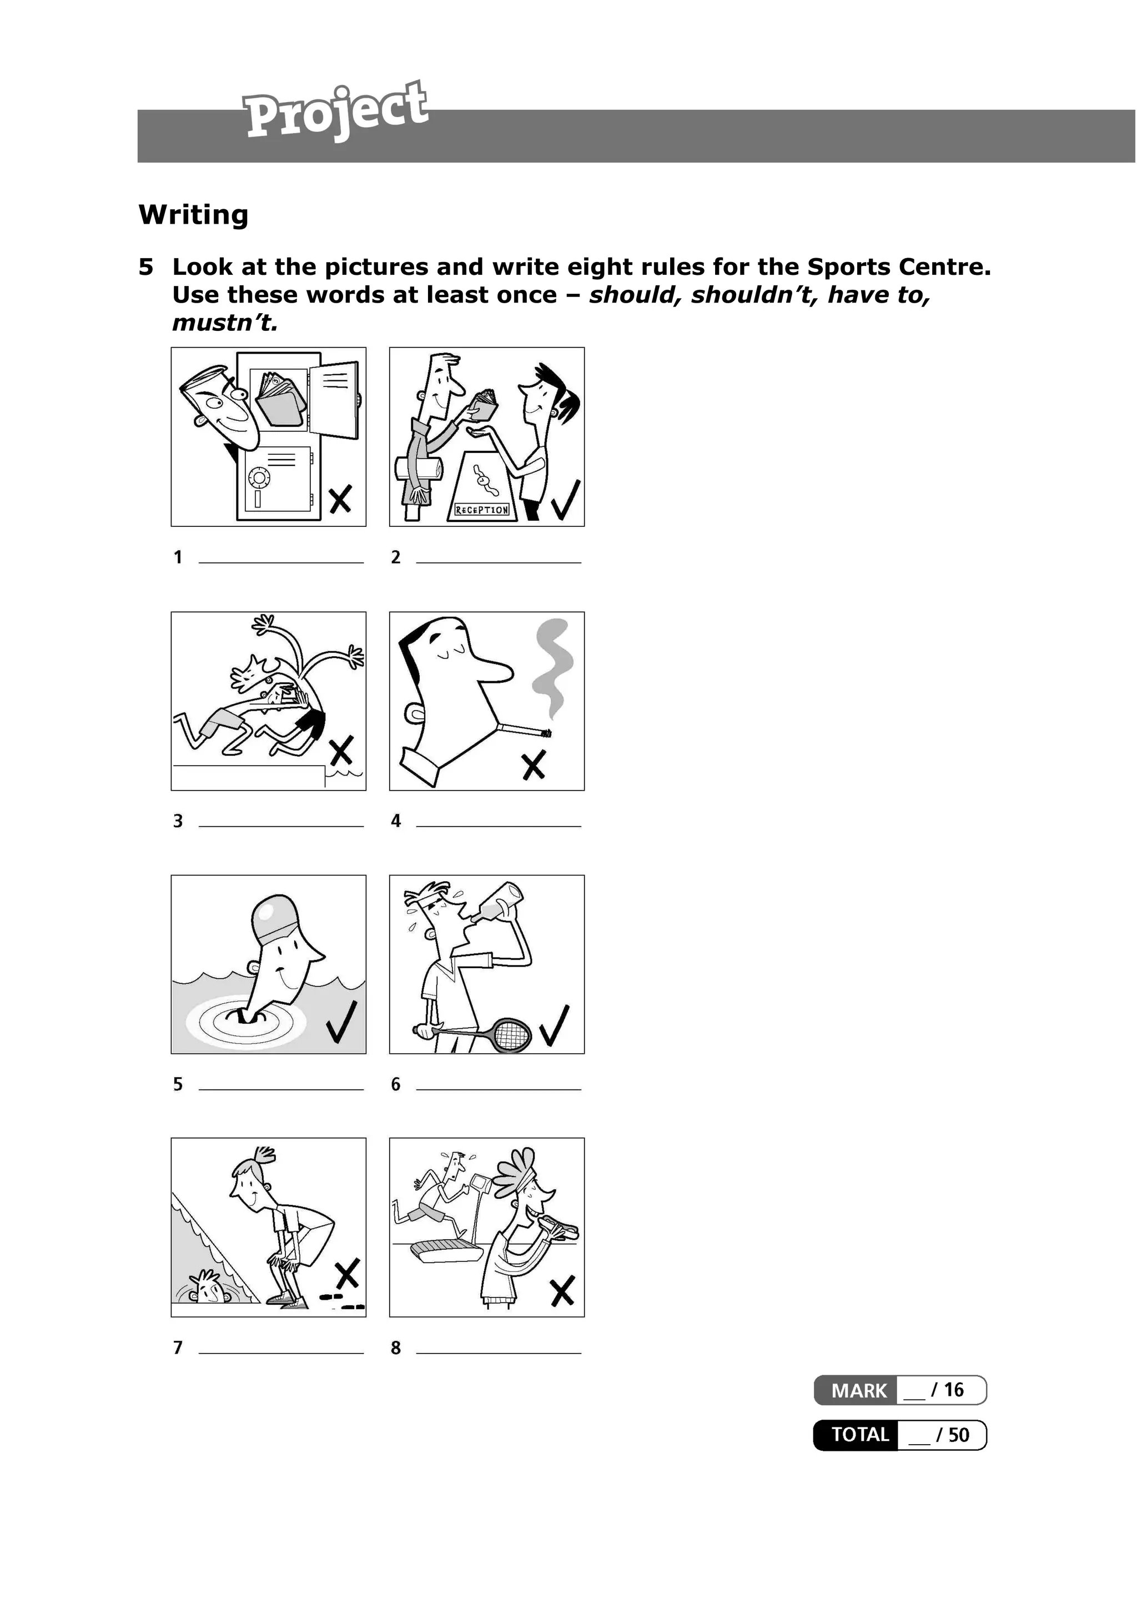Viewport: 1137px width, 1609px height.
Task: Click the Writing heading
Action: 193,214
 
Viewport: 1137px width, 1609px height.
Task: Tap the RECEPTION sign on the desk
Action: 482,510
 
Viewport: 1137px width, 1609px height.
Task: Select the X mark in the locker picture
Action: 340,500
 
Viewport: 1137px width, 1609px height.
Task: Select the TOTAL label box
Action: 859,1435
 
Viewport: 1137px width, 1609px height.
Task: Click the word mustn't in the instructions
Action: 225,323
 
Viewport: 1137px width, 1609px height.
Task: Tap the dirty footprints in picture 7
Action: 342,1302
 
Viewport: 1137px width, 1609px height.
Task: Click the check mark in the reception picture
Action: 565,500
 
